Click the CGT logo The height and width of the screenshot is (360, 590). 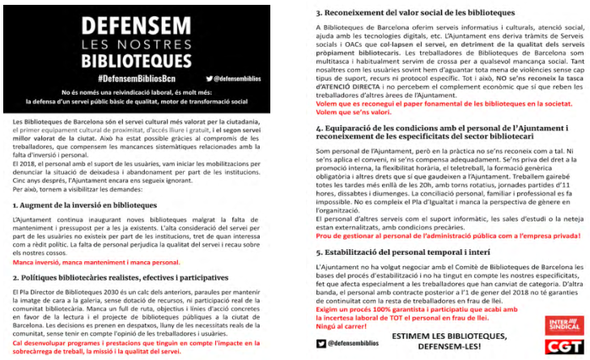(560, 345)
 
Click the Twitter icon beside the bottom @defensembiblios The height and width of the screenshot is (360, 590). (321, 342)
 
